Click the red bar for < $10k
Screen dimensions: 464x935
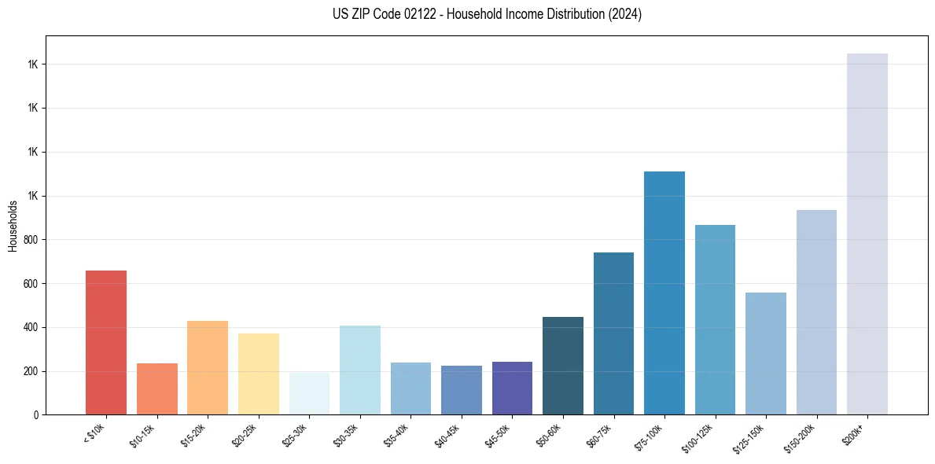click(x=106, y=342)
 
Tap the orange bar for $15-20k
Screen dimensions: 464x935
click(x=208, y=367)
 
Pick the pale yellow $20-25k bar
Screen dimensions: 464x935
click(x=258, y=374)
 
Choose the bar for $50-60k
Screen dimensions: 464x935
click(x=563, y=366)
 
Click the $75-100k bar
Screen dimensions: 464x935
click(x=664, y=293)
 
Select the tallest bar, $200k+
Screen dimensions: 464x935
click(x=867, y=234)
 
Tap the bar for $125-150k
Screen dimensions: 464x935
click(x=766, y=353)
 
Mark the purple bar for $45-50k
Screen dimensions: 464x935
click(x=512, y=388)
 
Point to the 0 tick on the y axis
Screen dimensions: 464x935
click(x=36, y=414)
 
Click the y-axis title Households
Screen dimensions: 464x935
click(x=13, y=226)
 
